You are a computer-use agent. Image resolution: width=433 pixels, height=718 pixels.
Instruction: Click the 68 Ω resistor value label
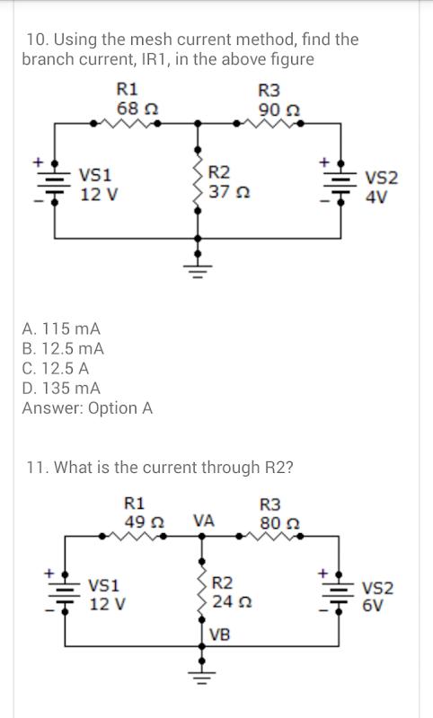tap(137, 109)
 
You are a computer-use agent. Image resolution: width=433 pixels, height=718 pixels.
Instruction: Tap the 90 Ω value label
tap(279, 109)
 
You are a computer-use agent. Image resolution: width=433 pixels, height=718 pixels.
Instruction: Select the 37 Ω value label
tap(229, 191)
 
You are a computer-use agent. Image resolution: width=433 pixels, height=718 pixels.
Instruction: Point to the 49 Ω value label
tap(145, 521)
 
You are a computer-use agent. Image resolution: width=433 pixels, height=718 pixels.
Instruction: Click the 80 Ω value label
tap(279, 522)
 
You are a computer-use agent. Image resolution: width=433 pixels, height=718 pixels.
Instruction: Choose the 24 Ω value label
tap(233, 601)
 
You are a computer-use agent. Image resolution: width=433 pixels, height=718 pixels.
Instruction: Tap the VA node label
tap(203, 521)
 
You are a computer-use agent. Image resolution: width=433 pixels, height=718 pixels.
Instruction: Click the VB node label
tap(219, 635)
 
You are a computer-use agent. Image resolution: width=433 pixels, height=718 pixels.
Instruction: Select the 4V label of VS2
tap(376, 197)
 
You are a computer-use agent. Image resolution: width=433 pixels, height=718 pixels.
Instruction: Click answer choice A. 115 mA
tap(61, 328)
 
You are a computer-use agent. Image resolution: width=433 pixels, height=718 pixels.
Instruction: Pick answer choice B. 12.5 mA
tap(63, 348)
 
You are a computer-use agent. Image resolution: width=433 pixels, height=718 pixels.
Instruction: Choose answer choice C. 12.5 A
tap(56, 368)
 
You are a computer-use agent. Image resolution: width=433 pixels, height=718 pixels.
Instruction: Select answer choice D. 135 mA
tap(61, 389)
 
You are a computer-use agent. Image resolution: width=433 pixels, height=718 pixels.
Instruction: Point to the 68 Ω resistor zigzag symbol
tap(125, 123)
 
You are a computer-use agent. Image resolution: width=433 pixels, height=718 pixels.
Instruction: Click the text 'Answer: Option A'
tap(87, 408)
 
